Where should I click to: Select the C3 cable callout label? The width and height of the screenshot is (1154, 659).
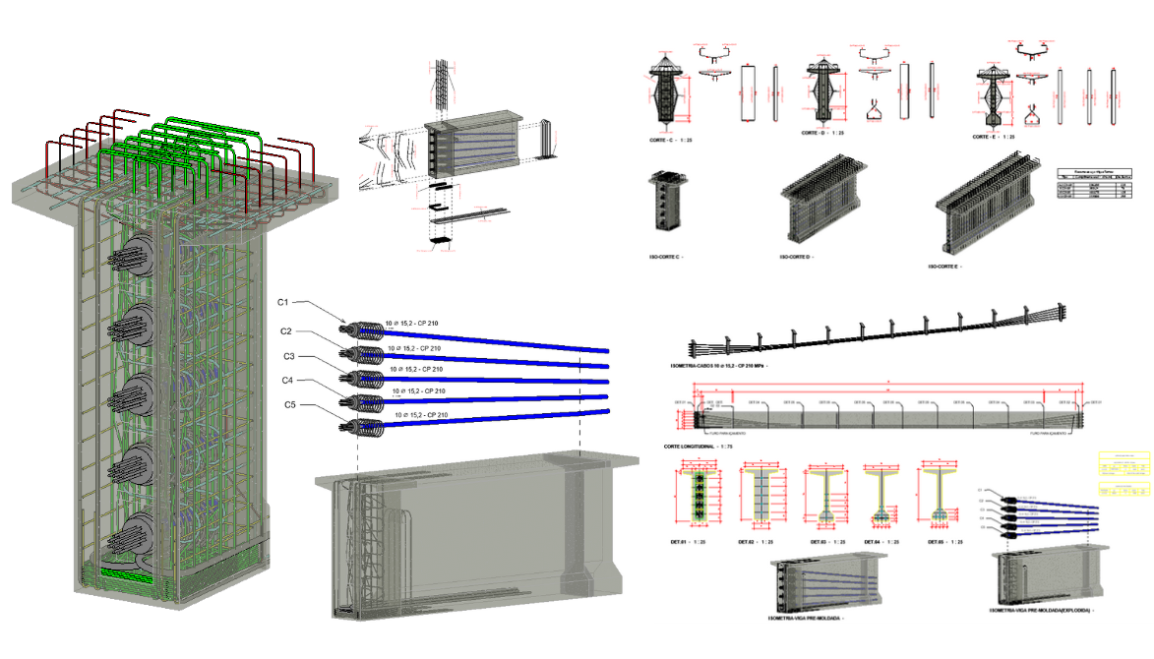tap(288, 356)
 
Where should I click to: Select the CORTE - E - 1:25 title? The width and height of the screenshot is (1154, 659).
tap(1000, 137)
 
